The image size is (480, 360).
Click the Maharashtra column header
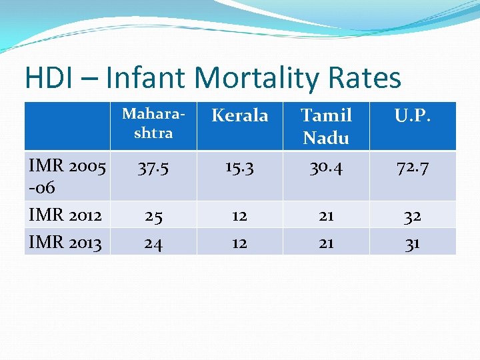(153, 123)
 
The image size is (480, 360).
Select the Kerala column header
(239, 116)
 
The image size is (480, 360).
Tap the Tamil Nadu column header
(326, 126)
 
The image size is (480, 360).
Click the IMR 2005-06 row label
(67, 177)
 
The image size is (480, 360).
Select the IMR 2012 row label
(65, 215)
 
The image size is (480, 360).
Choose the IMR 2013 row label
(65, 243)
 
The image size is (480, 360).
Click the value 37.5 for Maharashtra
(153, 167)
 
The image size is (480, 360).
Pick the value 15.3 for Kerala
(239, 167)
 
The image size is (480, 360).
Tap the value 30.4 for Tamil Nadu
(326, 167)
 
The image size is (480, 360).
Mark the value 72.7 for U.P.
(413, 167)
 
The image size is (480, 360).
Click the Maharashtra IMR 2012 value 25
(153, 216)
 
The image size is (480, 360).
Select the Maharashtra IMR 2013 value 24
(153, 243)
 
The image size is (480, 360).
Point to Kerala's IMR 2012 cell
(239, 216)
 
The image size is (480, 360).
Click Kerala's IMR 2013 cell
(239, 243)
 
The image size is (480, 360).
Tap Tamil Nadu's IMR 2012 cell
(326, 216)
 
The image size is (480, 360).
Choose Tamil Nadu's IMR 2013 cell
(326, 243)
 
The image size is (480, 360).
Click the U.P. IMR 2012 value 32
(413, 216)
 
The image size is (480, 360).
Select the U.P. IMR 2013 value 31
(413, 243)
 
